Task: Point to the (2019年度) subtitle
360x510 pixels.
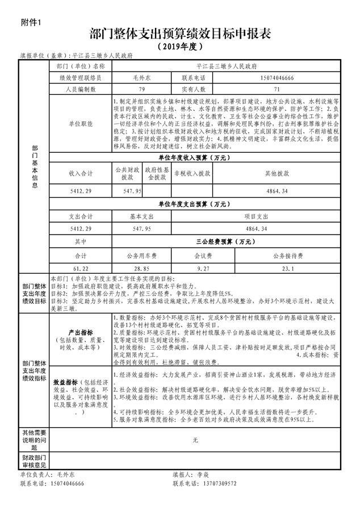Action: point(180,46)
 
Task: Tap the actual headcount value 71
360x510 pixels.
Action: point(277,90)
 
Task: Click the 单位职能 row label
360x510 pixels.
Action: point(81,123)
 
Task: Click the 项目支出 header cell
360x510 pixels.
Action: point(277,216)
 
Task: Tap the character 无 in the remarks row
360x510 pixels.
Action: point(195,440)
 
